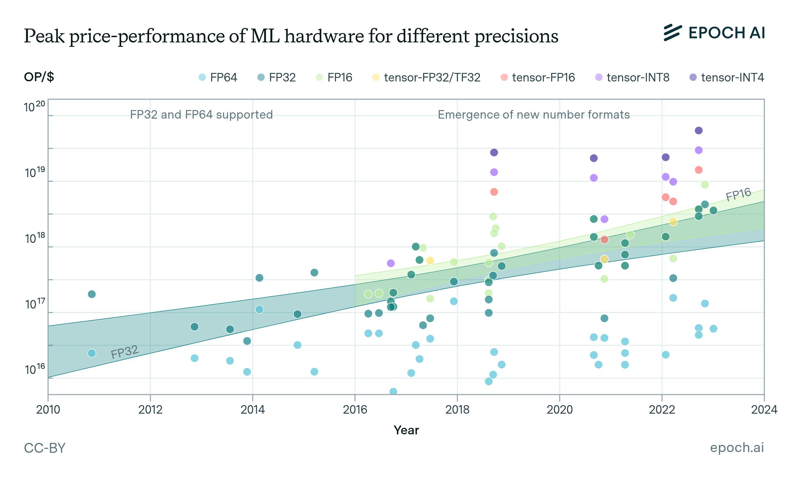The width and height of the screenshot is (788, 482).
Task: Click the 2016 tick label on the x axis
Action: pos(355,410)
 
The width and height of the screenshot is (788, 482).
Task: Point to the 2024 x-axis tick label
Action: pos(764,410)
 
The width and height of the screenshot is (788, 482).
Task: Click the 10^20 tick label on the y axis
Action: pos(34,107)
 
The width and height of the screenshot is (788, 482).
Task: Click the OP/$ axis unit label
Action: pos(39,77)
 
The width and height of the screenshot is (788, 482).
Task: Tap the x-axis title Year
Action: pos(406,430)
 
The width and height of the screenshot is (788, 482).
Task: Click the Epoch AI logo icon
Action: pos(672,33)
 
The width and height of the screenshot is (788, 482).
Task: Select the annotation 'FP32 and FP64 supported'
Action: pos(201,115)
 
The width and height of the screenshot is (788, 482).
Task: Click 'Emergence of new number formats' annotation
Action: pos(534,115)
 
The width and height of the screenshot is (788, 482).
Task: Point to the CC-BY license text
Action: pos(45,448)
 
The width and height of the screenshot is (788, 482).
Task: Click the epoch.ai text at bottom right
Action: pos(737,448)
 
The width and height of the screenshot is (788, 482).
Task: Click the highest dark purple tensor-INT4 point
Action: pos(699,130)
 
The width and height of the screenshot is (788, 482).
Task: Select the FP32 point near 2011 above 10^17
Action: pos(92,294)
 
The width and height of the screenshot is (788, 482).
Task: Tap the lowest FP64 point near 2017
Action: pos(393,391)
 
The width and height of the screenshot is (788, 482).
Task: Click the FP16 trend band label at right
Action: pos(738,194)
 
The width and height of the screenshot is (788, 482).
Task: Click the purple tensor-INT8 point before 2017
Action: pos(390,263)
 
